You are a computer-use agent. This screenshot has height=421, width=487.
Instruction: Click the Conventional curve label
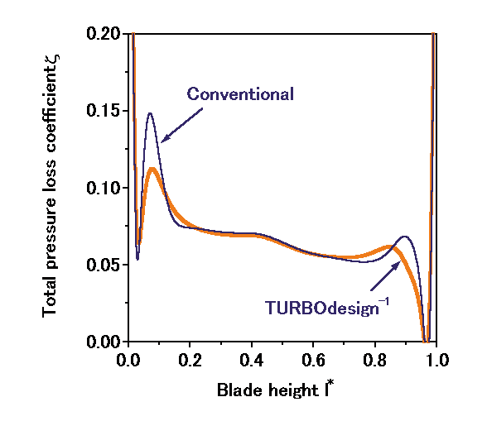pyautogui.click(x=240, y=93)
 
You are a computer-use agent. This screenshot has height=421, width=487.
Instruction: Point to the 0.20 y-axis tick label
pyautogui.click(x=106, y=34)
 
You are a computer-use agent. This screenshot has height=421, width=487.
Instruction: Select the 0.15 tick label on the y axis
pyautogui.click(x=106, y=111)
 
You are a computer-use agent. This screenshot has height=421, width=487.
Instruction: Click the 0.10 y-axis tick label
pyautogui.click(x=106, y=188)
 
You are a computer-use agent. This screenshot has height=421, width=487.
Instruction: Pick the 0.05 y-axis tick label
pyautogui.click(x=106, y=265)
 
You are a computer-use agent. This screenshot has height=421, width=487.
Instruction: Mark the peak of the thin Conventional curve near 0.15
pyautogui.click(x=151, y=113)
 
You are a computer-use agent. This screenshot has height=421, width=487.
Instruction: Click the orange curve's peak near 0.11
pyautogui.click(x=152, y=169)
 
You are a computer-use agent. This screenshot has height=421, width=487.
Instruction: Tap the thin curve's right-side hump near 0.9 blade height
pyautogui.click(x=406, y=237)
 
